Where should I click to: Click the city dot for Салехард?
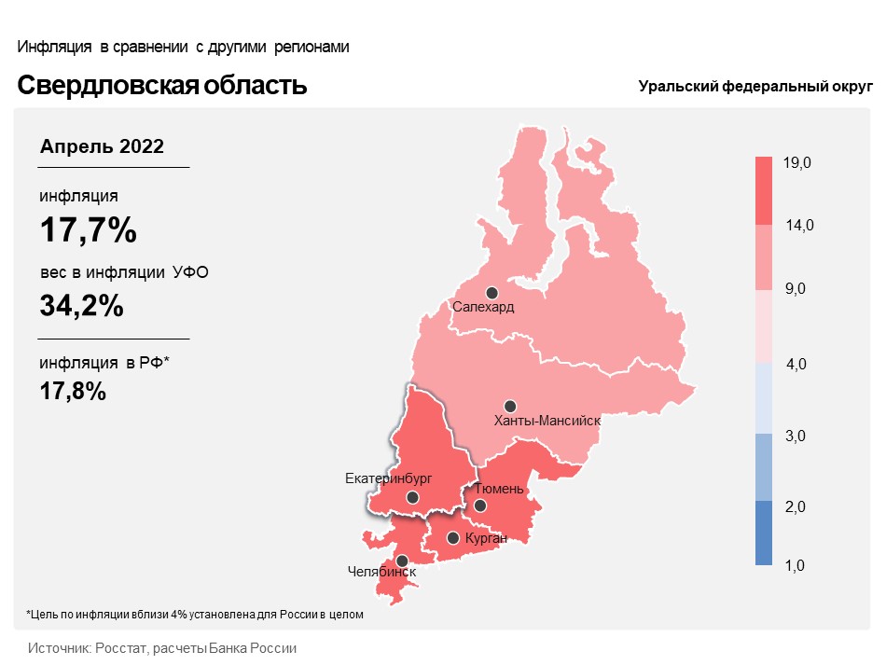pos(492,293)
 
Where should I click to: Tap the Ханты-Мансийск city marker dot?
pos(510,407)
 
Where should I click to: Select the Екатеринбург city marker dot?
pos(412,497)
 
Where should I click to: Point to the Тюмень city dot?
pos(479,506)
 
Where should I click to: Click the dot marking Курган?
pos(452,538)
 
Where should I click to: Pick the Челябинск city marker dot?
pos(402,561)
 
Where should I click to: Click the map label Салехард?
pos(483,308)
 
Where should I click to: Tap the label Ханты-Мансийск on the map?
pos(547,421)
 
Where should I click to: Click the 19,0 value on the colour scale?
pos(796,162)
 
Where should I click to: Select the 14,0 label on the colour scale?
pos(799,226)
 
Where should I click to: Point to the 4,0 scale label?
pos(796,365)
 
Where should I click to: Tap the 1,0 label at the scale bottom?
pos(795,565)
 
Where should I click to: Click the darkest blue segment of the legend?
pos(764,533)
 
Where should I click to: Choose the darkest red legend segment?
pos(764,191)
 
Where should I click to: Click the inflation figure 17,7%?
pos(89,230)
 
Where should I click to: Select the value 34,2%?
pos(82,305)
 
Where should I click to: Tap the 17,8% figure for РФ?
pos(73,391)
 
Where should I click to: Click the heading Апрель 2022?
pos(102,146)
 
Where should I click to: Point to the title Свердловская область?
pos(162,85)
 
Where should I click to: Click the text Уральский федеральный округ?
pos(755,87)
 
